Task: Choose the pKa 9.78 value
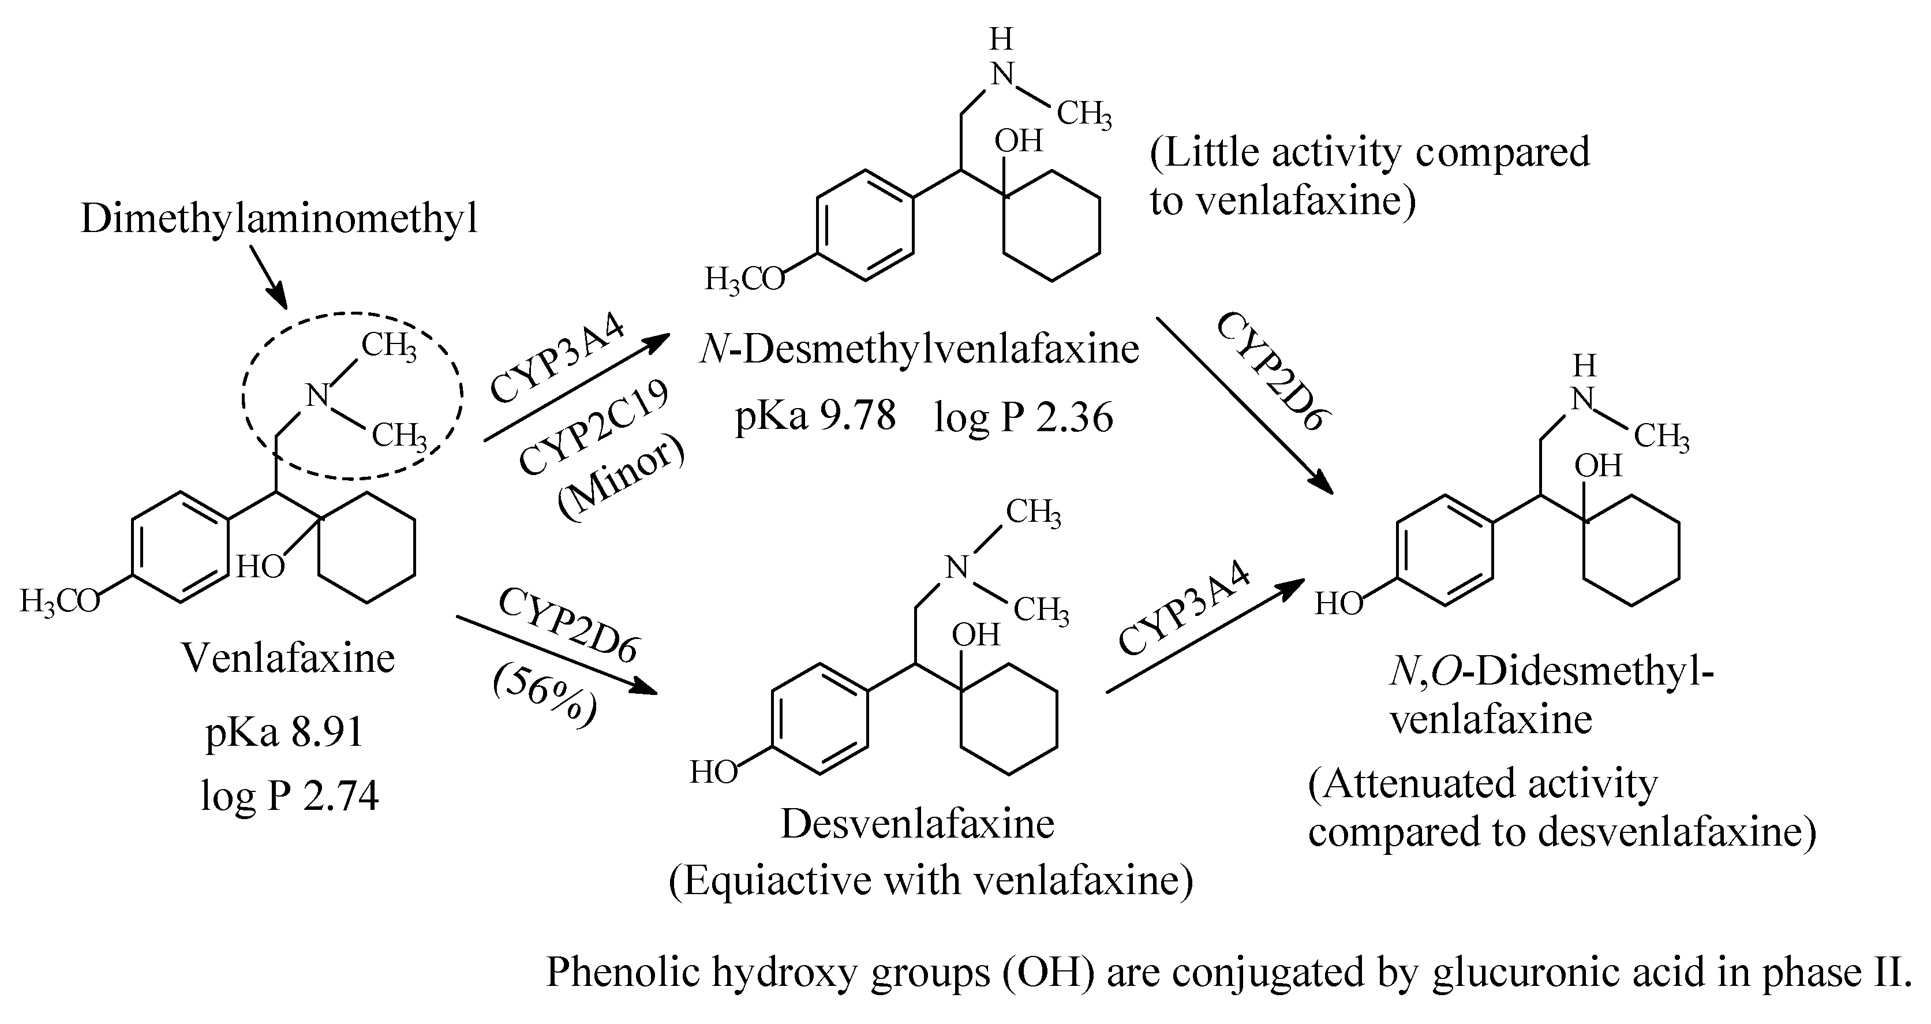[x=815, y=416]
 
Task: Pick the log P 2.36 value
[x=1023, y=417]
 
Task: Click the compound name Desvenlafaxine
[x=918, y=824]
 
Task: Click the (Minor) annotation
[x=621, y=480]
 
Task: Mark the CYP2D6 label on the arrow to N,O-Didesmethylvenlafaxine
[x=1273, y=372]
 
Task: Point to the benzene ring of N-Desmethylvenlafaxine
[x=865, y=226]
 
